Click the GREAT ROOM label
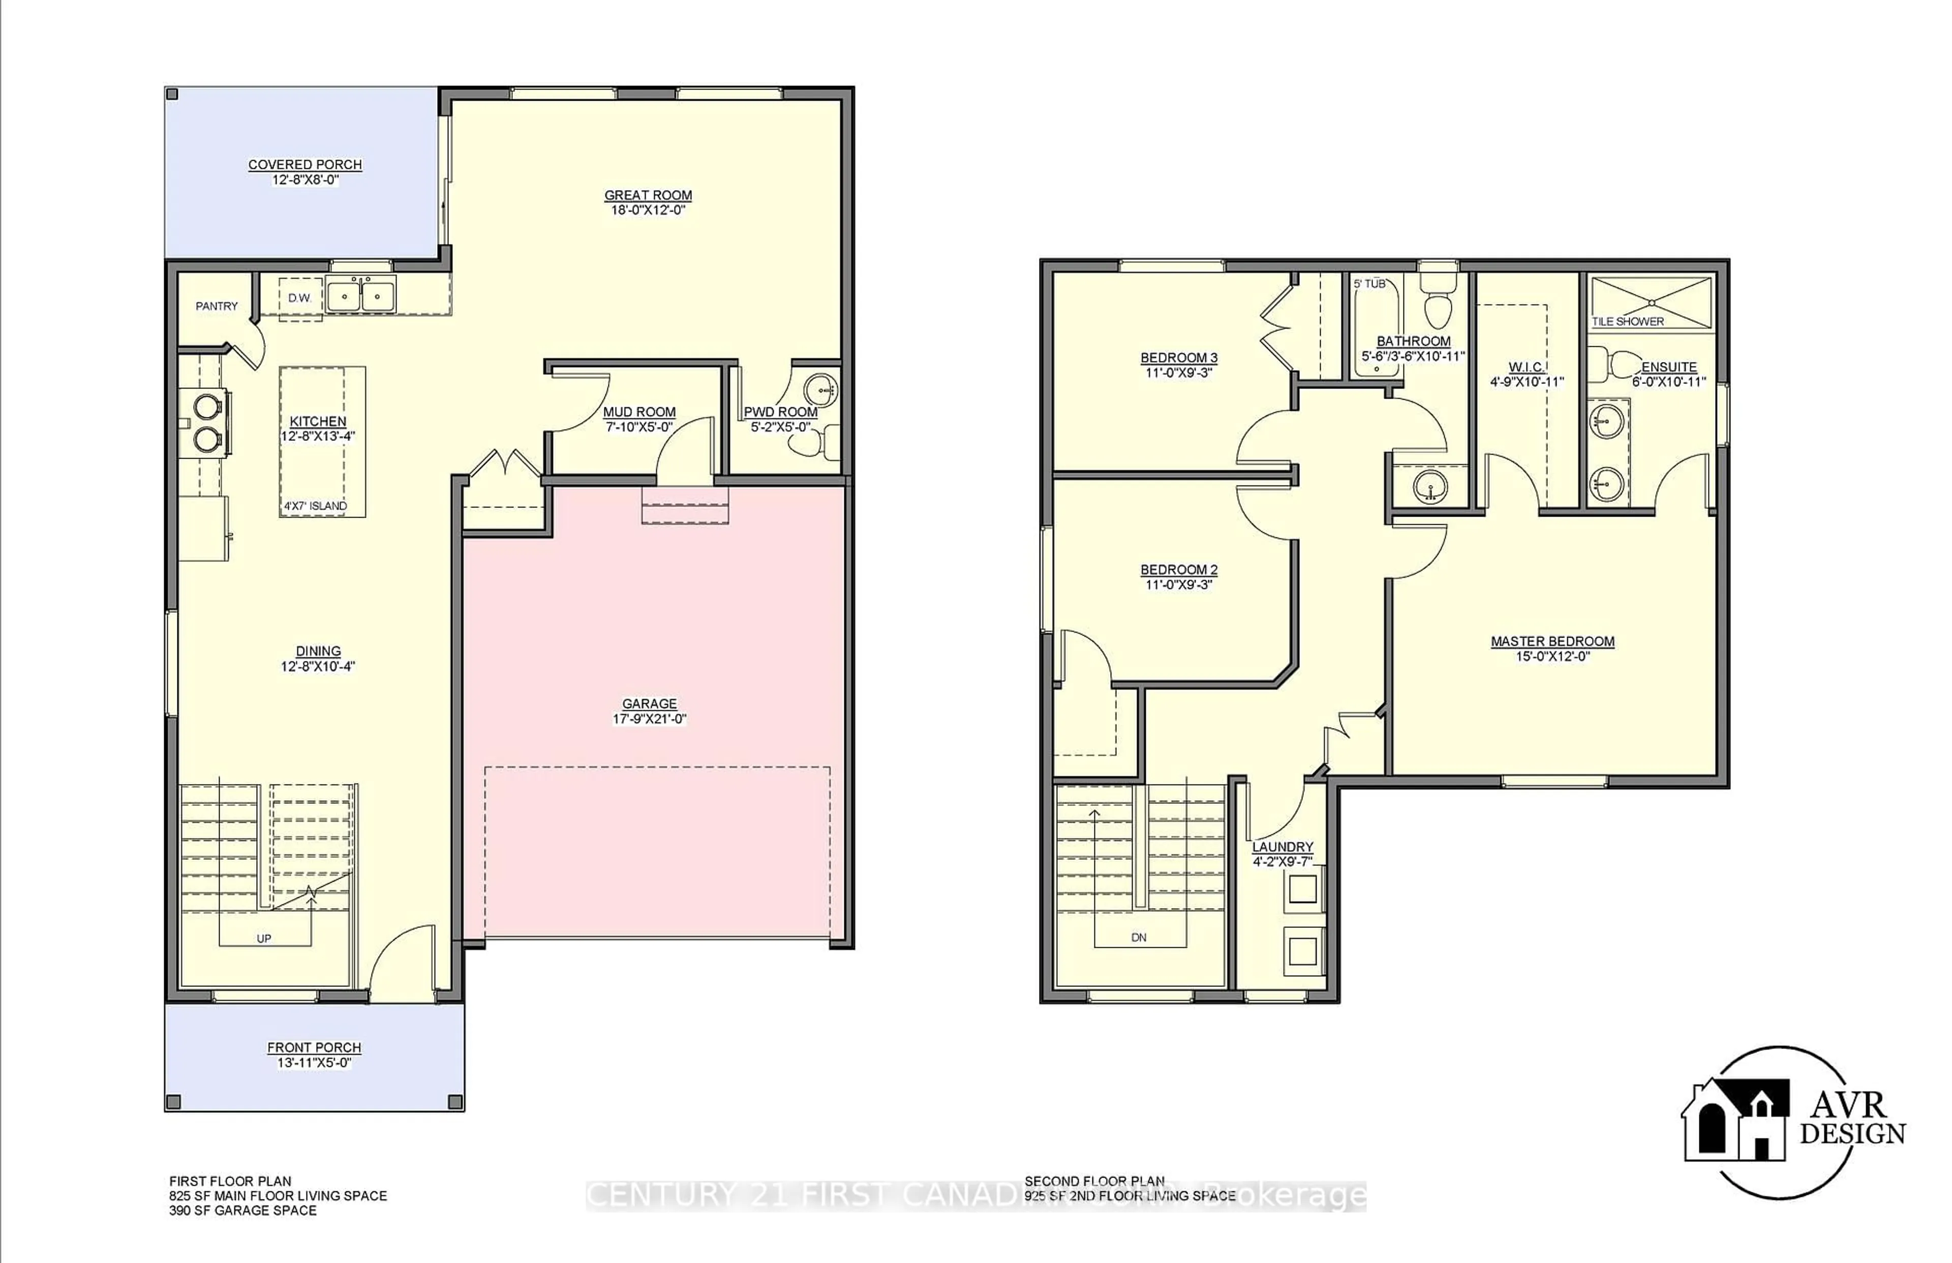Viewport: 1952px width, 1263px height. pos(648,195)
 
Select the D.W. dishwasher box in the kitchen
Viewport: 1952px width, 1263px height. pos(300,298)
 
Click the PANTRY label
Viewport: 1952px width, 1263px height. pos(217,306)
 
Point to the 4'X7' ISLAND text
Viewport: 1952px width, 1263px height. pos(315,506)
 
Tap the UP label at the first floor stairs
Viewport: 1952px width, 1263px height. pos(263,938)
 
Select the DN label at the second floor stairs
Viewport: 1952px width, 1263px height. pos(1138,937)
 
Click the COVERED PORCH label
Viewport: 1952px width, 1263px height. pos(305,165)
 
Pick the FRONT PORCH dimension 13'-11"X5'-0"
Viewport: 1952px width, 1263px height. pos(314,1063)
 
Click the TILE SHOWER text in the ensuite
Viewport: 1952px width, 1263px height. pos(1627,321)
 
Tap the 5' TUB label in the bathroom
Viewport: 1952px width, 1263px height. pos(1369,284)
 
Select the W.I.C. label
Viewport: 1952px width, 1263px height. pos(1527,368)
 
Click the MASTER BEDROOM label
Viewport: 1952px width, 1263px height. pos(1552,641)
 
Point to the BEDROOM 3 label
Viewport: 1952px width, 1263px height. pos(1178,357)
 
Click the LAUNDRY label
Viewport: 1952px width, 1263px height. pos(1282,847)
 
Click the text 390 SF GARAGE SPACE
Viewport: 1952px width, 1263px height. pos(242,1211)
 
